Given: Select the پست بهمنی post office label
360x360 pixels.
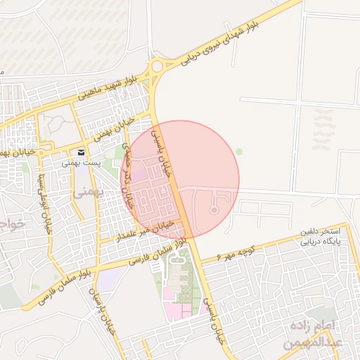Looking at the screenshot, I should coord(82,162).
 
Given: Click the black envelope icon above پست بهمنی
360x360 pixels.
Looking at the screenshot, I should coord(82,153).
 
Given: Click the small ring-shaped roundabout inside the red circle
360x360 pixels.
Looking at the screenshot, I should coord(214,210).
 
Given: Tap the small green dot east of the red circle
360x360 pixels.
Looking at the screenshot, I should coord(239,151).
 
